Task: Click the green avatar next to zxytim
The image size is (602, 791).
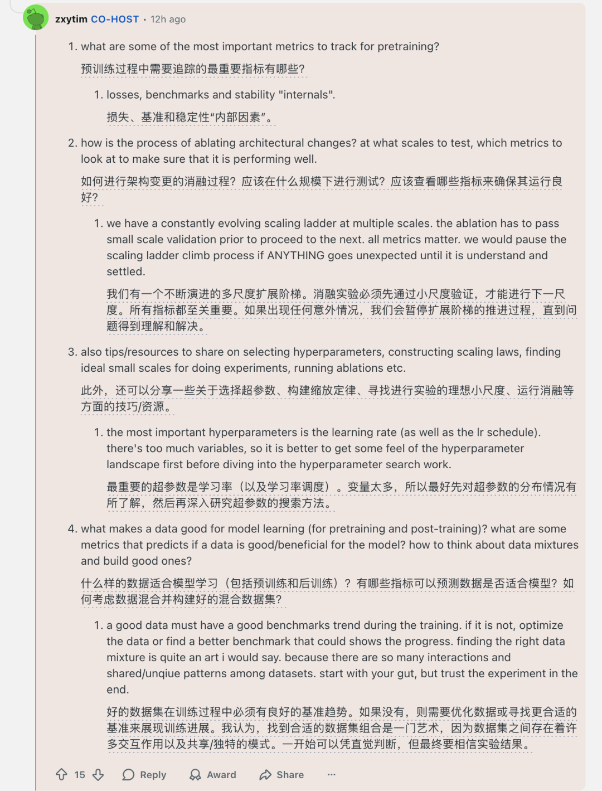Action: (x=36, y=18)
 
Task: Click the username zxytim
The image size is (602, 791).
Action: (x=71, y=19)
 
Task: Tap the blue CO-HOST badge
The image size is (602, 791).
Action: (x=115, y=19)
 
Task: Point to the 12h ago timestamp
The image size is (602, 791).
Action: (x=168, y=19)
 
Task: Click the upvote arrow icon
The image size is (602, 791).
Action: (x=61, y=774)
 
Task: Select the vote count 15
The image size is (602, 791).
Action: (x=80, y=775)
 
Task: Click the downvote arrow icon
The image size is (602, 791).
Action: (x=98, y=774)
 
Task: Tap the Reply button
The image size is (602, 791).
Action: (x=144, y=775)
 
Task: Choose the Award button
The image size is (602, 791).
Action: (x=213, y=775)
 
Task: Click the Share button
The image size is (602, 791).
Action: (x=281, y=775)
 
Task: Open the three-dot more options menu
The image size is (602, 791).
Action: (x=332, y=774)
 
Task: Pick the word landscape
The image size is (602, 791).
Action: (x=134, y=464)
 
